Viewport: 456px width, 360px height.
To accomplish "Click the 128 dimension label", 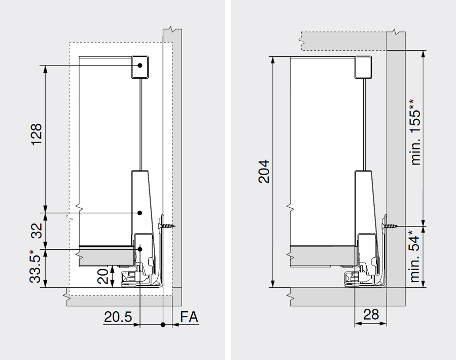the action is pyautogui.click(x=37, y=135).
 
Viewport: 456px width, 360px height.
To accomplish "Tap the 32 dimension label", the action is pyautogui.click(x=37, y=231).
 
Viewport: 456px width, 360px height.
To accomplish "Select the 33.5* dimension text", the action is pyautogui.click(x=36, y=266).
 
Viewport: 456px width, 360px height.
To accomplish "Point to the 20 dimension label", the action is pyautogui.click(x=103, y=276).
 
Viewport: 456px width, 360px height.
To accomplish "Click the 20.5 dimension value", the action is pyautogui.click(x=118, y=317).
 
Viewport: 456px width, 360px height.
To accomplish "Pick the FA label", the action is pyautogui.click(x=189, y=317).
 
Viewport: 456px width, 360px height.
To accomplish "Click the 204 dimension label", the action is pyautogui.click(x=264, y=172).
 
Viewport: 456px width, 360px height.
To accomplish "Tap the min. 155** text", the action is pyautogui.click(x=416, y=133).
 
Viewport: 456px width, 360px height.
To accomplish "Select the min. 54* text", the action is pyautogui.click(x=415, y=256).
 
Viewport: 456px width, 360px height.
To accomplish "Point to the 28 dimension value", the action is pyautogui.click(x=371, y=315).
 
